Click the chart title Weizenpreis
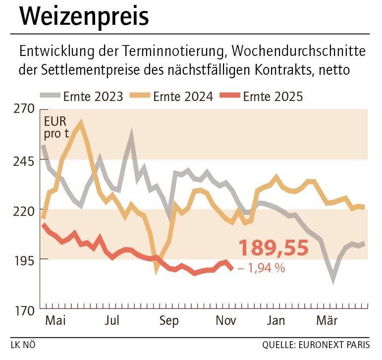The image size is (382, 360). click(84, 17)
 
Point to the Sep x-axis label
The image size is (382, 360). click(169, 321)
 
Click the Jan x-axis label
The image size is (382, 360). click(275, 321)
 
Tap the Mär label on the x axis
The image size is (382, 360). click(327, 321)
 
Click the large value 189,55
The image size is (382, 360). click(273, 248)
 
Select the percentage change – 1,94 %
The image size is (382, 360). click(261, 268)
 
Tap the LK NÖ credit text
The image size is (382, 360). click(23, 344)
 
